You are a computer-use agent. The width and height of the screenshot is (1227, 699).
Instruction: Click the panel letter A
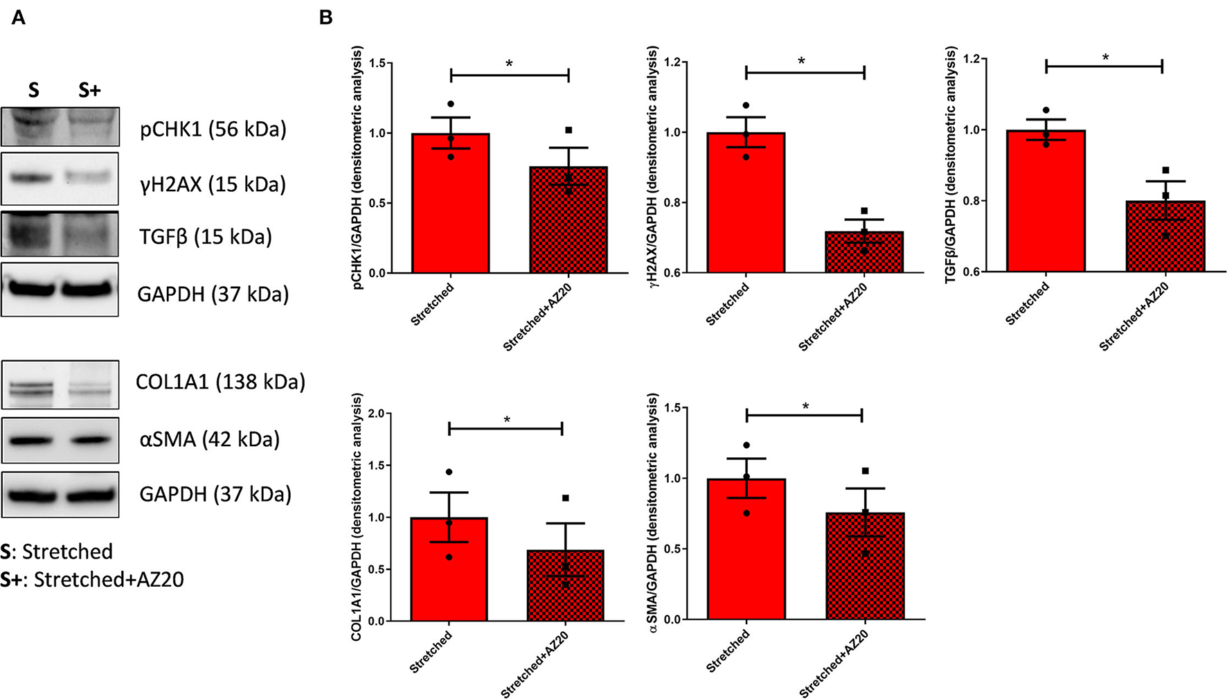19,18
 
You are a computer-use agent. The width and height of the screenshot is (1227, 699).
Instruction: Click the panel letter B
325,18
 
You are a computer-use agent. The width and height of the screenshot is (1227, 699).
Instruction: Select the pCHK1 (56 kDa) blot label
213,129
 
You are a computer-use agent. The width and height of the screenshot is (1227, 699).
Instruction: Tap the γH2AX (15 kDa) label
213,184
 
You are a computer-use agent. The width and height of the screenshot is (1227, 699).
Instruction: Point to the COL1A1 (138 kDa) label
220,382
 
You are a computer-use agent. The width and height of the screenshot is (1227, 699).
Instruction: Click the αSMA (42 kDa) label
209,439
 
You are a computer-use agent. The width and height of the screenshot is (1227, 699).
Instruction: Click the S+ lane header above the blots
89,90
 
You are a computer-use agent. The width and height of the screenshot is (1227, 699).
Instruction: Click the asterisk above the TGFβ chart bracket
1105,57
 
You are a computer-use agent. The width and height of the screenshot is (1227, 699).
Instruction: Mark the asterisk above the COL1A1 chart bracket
507,420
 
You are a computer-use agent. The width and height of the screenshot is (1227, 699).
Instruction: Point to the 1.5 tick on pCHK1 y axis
377,63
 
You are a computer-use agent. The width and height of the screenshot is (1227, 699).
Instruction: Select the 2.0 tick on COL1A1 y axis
377,414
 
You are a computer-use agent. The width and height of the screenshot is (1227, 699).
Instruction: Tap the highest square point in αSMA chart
865,471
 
